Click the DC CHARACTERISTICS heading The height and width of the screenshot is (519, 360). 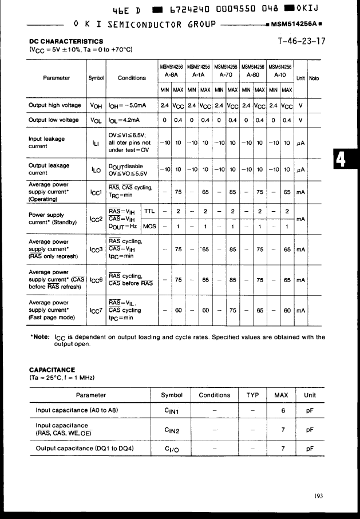(x=66, y=41)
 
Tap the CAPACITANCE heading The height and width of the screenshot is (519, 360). (x=52, y=370)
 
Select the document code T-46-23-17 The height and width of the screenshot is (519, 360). (x=302, y=41)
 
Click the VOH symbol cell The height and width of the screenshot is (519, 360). (x=95, y=105)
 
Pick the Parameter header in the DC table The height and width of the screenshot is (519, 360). (x=56, y=78)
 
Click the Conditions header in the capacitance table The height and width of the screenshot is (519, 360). (x=214, y=395)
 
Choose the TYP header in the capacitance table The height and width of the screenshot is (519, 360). (x=252, y=395)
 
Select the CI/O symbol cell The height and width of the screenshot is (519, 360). (x=172, y=449)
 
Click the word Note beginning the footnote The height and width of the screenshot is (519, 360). (x=41, y=337)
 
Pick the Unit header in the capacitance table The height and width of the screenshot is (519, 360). (x=310, y=395)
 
